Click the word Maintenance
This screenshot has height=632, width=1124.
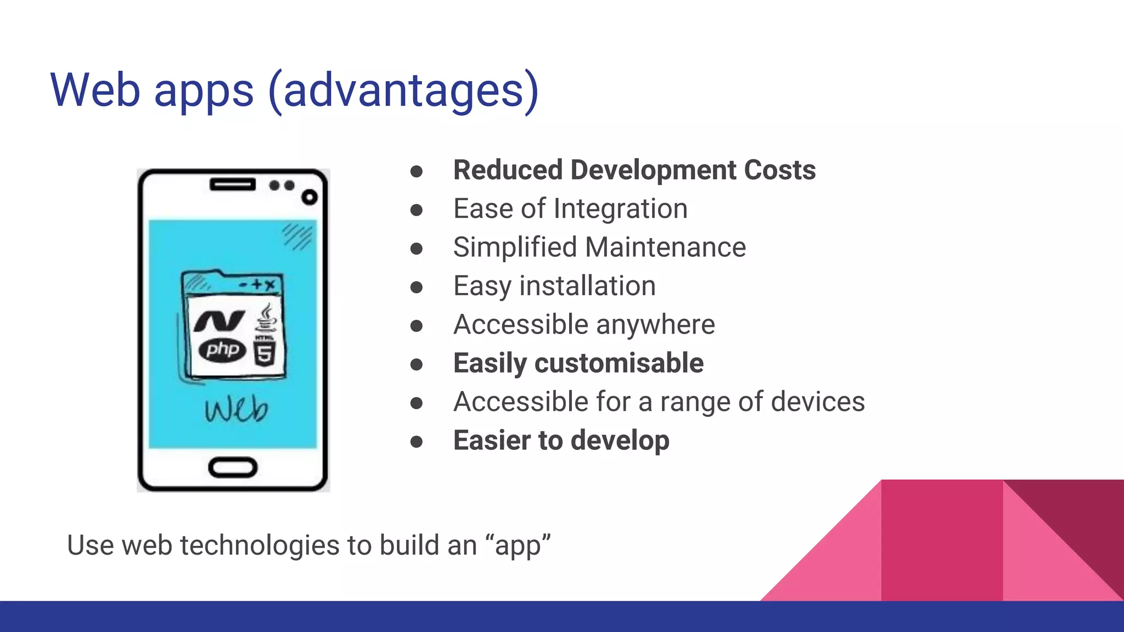tap(665, 247)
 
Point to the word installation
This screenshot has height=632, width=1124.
tap(587, 286)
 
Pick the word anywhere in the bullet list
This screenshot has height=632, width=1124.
tap(655, 325)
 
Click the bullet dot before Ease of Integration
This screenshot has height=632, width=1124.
tap(417, 210)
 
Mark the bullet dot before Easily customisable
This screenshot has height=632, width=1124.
tap(417, 364)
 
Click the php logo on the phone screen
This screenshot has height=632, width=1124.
tap(222, 349)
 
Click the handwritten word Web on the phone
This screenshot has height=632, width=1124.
tap(237, 409)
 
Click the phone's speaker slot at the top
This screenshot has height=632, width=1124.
tap(232, 184)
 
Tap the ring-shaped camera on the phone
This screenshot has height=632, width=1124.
tap(310, 198)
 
